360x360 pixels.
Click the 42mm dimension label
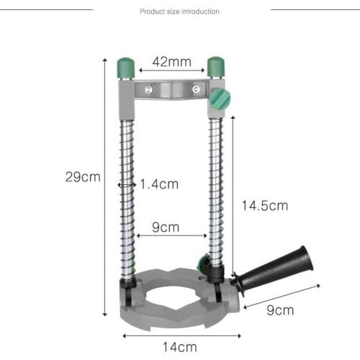(171, 62)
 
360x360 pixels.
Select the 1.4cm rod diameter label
(159, 184)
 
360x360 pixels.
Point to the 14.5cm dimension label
(264, 205)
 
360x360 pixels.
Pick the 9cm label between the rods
(166, 228)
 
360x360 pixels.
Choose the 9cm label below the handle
(280, 311)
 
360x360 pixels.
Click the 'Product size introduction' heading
(179, 12)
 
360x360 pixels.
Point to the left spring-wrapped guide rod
(127, 194)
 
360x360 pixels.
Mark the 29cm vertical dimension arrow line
(106, 187)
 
